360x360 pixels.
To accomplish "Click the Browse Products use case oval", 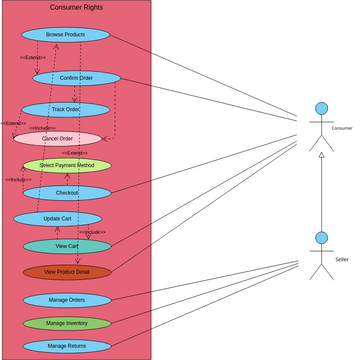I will (x=65, y=35).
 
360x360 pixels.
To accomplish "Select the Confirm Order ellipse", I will (x=76, y=78).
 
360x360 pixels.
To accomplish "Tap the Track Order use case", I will (x=65, y=109).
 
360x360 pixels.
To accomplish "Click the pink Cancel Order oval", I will (x=57, y=139).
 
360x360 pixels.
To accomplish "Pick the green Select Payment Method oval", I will (x=67, y=165).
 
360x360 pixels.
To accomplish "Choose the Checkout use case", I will (x=67, y=193).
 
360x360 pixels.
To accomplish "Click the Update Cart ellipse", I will (x=57, y=219).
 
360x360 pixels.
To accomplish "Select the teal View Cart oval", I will (x=67, y=246).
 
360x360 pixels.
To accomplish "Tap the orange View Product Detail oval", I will (x=67, y=272).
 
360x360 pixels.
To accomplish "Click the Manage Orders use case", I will (x=67, y=300).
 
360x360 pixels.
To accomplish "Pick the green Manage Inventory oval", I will (x=67, y=323).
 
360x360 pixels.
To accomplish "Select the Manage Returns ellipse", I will (x=67, y=346).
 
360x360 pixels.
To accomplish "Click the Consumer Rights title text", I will (x=76, y=8).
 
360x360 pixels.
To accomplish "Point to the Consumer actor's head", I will (x=321, y=108).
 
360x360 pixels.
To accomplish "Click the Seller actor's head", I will (x=321, y=238).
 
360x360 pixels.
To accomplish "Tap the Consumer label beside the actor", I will (x=342, y=128).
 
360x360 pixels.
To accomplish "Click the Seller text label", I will (x=342, y=259).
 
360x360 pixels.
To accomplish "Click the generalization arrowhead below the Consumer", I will (x=321, y=156).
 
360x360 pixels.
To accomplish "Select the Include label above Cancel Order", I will (x=43, y=128).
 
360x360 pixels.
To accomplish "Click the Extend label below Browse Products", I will (x=32, y=58).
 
